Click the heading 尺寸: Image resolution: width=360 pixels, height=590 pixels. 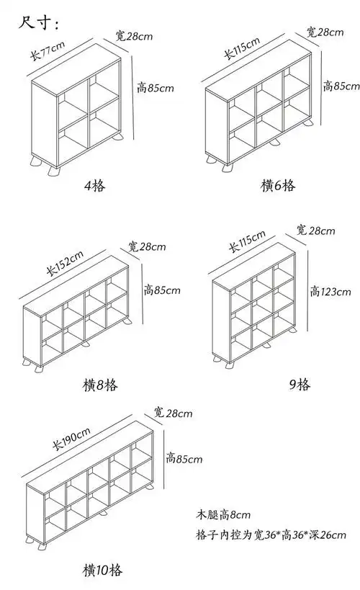pyautogui.click(x=40, y=23)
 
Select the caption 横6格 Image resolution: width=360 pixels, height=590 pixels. pyautogui.click(x=277, y=185)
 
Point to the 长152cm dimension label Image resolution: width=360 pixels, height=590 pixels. pyautogui.click(x=65, y=264)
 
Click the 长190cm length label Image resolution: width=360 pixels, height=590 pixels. pyautogui.click(x=71, y=438)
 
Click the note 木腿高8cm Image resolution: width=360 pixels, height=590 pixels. pyautogui.click(x=223, y=514)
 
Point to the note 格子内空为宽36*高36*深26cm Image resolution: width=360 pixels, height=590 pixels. pyautogui.click(x=271, y=535)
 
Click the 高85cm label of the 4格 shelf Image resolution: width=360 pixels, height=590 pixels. pyautogui.click(x=155, y=89)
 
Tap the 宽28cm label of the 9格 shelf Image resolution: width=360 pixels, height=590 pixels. pyautogui.click(x=315, y=231)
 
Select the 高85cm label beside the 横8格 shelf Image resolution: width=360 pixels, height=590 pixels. pyautogui.click(x=162, y=290)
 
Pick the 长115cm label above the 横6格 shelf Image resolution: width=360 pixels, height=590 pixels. pyautogui.click(x=242, y=51)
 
